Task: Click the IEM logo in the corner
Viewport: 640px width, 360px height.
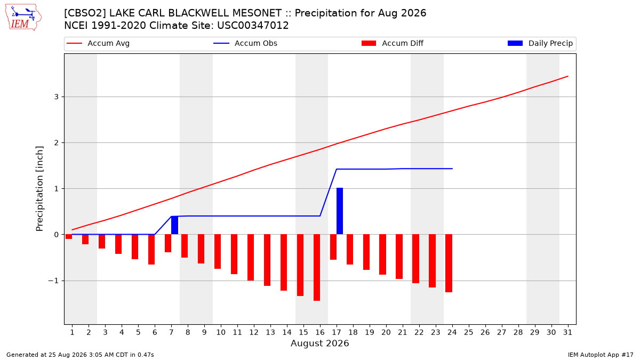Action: tap(23, 18)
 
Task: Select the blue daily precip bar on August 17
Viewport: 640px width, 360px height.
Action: tap(340, 211)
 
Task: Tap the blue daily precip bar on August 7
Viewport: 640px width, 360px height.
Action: tap(174, 225)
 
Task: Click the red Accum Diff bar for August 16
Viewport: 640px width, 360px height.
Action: tap(317, 267)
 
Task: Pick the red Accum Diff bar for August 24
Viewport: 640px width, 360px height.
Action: tap(449, 263)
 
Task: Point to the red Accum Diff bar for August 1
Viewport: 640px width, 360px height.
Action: tap(69, 237)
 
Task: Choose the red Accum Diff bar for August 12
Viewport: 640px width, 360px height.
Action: tap(251, 258)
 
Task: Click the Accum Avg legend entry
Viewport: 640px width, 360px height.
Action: tap(98, 43)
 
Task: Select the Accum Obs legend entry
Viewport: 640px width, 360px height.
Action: tap(245, 43)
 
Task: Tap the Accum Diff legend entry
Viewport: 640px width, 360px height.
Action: tap(393, 43)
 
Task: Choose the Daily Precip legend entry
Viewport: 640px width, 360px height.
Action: tap(540, 43)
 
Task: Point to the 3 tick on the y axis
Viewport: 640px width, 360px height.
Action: tap(57, 97)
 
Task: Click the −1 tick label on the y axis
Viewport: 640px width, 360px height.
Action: tap(53, 281)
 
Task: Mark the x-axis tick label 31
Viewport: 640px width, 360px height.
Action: tap(567, 333)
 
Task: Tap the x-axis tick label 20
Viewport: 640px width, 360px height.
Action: tap(386, 333)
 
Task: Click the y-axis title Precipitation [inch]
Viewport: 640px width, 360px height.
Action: tap(39, 189)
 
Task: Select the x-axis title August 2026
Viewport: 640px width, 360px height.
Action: tap(319, 343)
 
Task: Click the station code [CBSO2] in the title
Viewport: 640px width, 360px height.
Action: tap(85, 13)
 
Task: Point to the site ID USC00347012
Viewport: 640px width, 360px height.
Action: tap(253, 26)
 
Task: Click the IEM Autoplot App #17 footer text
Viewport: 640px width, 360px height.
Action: tap(601, 355)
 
